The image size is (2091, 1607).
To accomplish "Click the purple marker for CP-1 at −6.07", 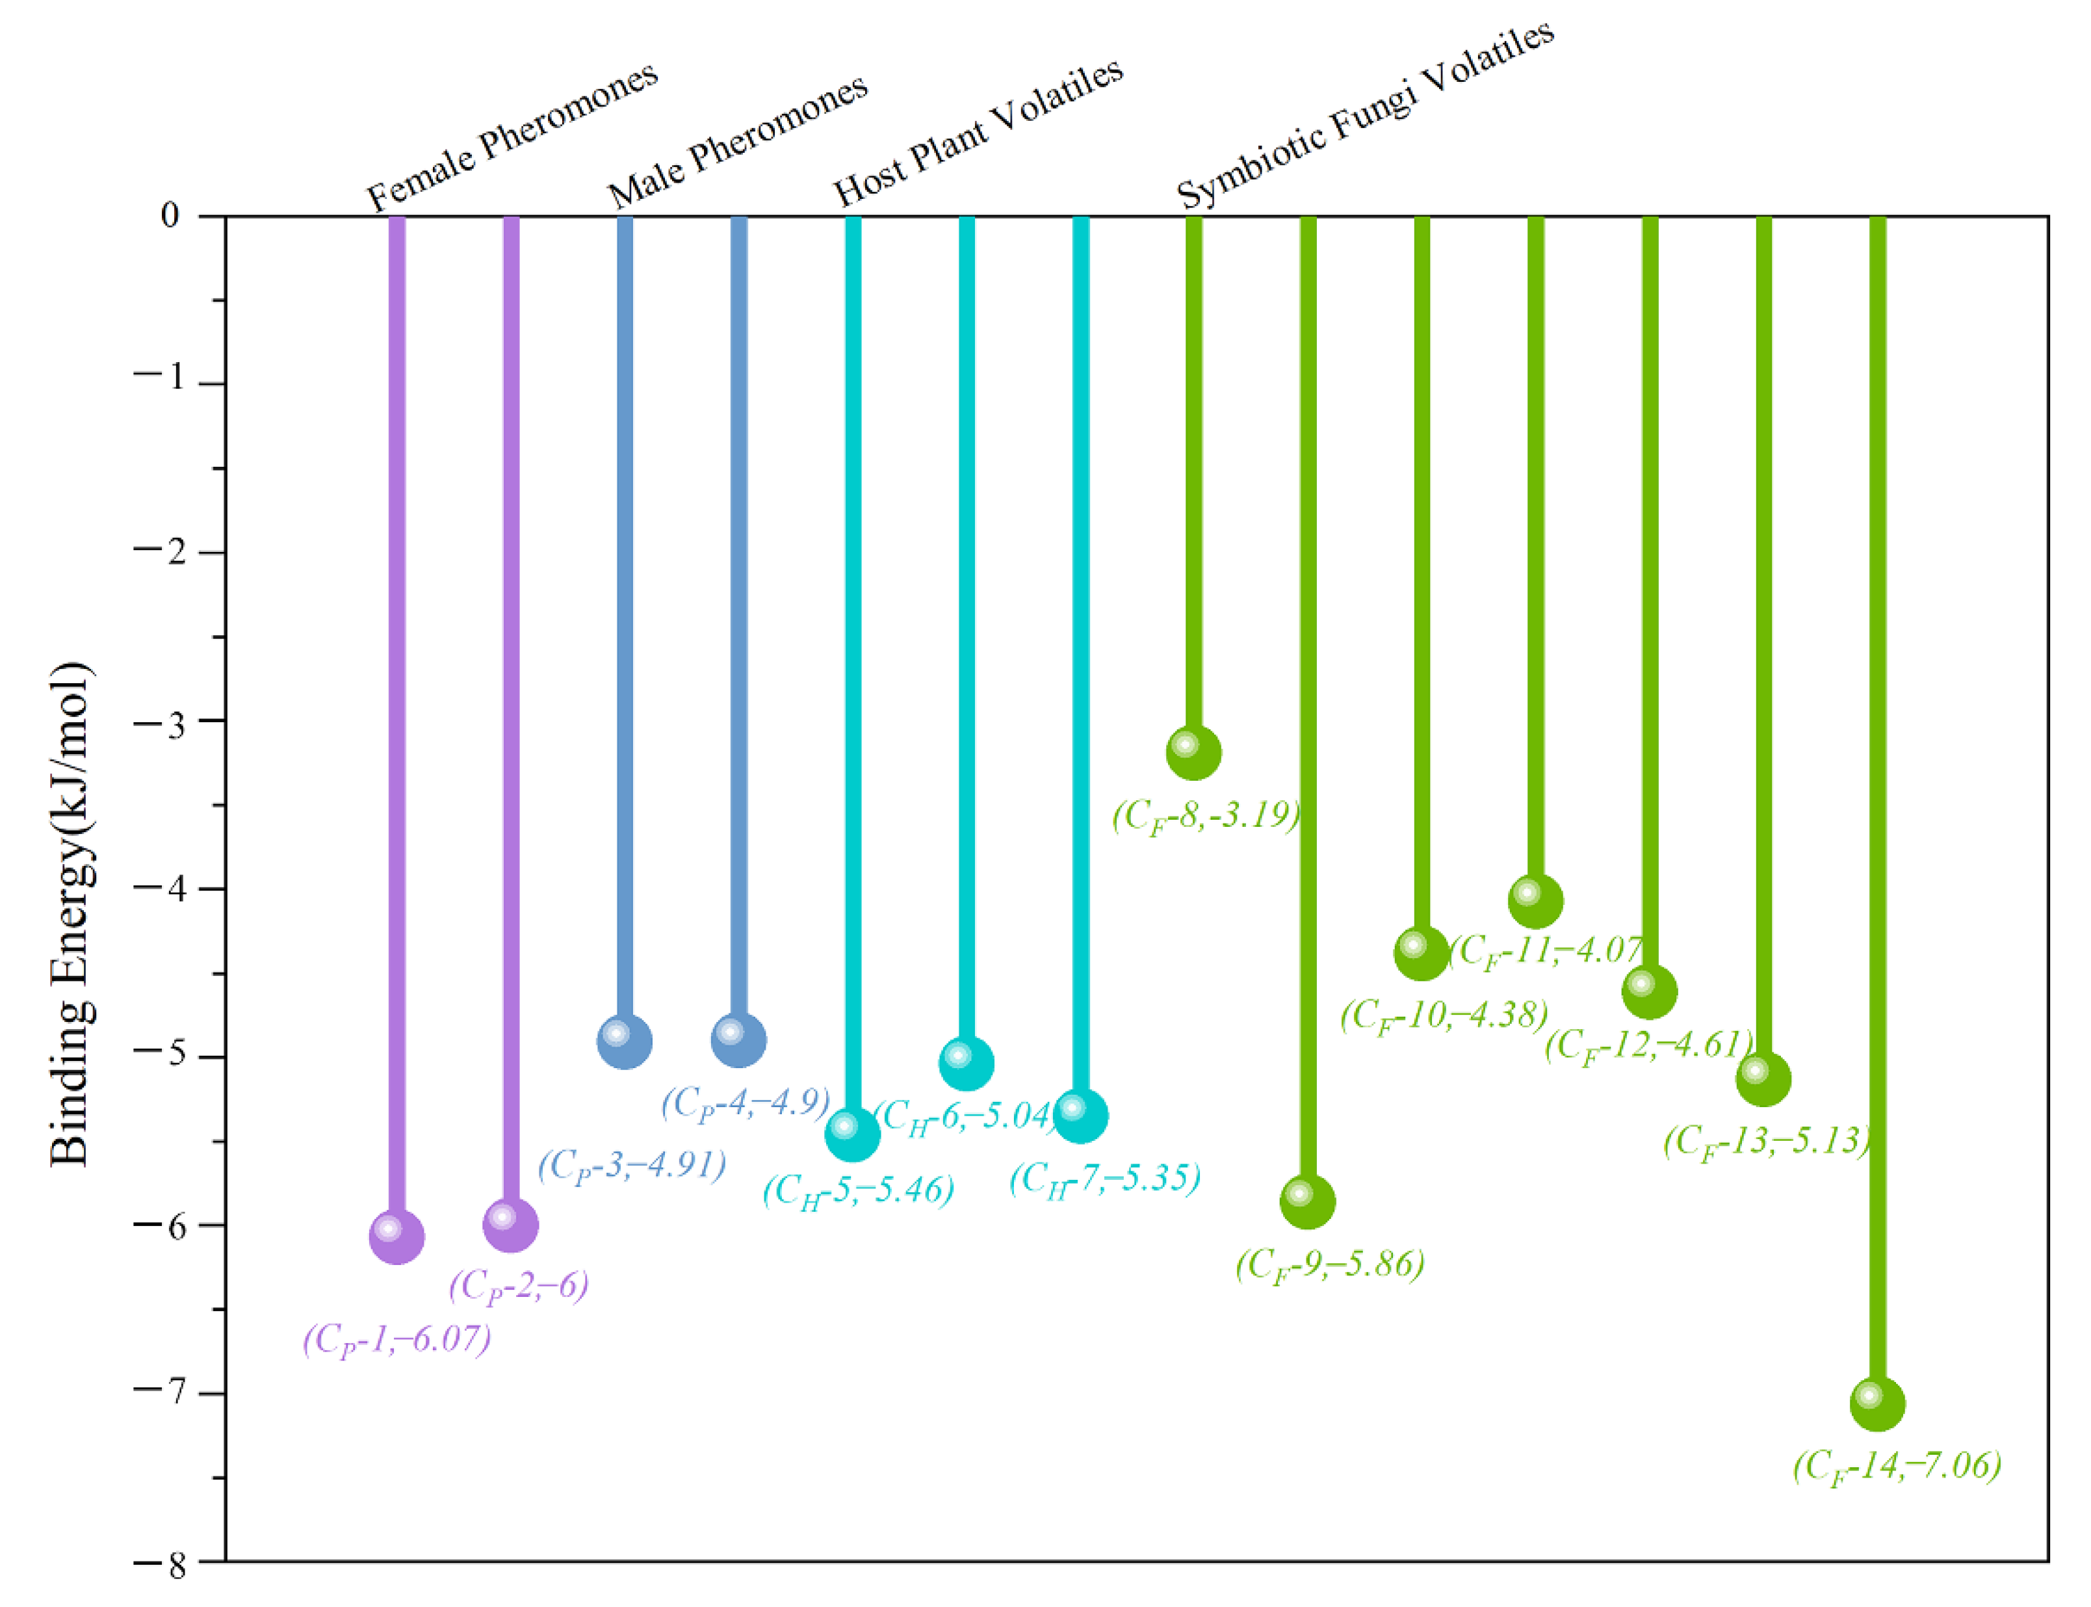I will point(396,1236).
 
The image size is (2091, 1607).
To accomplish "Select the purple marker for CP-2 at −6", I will point(511,1224).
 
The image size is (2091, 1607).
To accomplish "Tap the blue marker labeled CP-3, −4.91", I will point(625,1041).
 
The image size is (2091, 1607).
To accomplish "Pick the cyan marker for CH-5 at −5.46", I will point(852,1134).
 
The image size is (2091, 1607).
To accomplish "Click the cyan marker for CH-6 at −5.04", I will point(966,1063).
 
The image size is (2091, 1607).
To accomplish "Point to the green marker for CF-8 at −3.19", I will point(1194,752).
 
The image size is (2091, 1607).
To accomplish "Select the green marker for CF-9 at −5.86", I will point(1308,1201).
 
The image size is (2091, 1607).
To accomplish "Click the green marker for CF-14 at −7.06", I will point(1878,1404).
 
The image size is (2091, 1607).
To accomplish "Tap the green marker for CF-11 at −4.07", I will point(1535,900).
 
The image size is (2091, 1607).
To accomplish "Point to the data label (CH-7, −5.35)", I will point(1105,1179).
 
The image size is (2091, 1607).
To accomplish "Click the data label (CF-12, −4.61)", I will point(1648,1045).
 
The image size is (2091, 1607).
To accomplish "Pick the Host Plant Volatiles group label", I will point(978,131).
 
